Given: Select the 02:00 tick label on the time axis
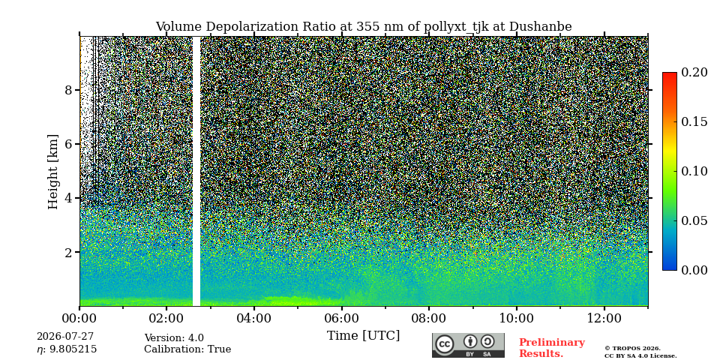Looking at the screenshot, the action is click(x=166, y=319).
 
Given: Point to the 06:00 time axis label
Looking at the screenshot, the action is click(x=341, y=319).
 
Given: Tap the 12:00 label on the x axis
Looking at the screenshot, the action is click(x=604, y=319).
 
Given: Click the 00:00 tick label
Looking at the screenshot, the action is click(x=79, y=319).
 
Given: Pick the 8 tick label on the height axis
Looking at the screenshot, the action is click(x=69, y=90).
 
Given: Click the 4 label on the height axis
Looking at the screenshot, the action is click(x=69, y=198).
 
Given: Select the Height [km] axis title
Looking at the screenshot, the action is click(x=53, y=172).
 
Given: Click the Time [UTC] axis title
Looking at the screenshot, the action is click(x=363, y=336).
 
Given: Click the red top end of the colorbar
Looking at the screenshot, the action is click(x=670, y=74).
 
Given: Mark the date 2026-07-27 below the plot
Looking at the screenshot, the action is click(x=65, y=337).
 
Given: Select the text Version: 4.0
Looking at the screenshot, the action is click(x=174, y=338).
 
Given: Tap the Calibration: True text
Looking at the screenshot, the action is click(x=187, y=349).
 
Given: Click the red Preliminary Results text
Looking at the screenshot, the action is click(x=552, y=348).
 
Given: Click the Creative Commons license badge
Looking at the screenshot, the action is click(x=468, y=345).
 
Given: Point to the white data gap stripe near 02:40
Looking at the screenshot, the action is click(x=196, y=171).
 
